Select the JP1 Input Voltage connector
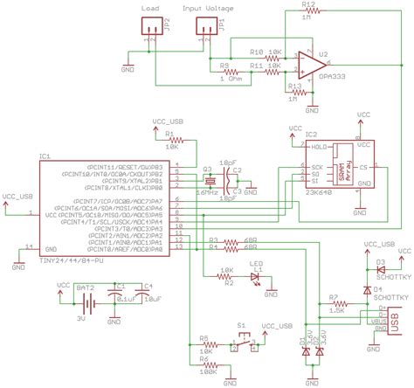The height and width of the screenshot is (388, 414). coord(203,29)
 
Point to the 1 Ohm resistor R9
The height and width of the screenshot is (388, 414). coord(231,73)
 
